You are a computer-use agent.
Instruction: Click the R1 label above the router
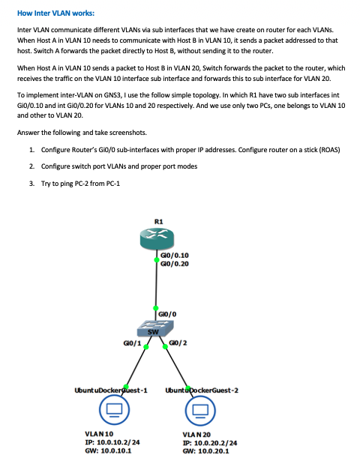(x=158, y=220)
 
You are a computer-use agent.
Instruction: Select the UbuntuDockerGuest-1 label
(x=110, y=391)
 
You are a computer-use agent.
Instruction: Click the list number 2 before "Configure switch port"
(x=32, y=166)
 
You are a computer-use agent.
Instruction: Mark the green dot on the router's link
(x=157, y=259)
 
